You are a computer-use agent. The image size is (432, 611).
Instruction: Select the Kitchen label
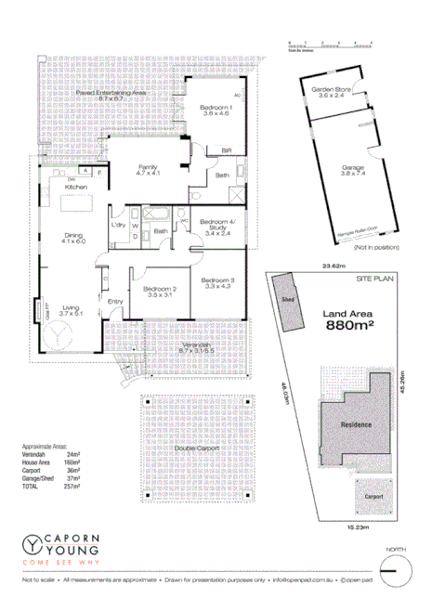click(76, 188)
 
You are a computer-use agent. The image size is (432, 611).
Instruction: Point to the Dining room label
click(72, 235)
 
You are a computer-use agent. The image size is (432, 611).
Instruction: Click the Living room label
click(71, 309)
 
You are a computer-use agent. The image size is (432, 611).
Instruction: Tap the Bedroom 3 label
click(219, 281)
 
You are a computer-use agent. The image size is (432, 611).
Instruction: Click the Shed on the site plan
click(287, 299)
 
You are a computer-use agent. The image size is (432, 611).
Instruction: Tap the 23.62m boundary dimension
click(332, 267)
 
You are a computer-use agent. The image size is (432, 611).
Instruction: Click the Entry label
click(116, 301)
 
